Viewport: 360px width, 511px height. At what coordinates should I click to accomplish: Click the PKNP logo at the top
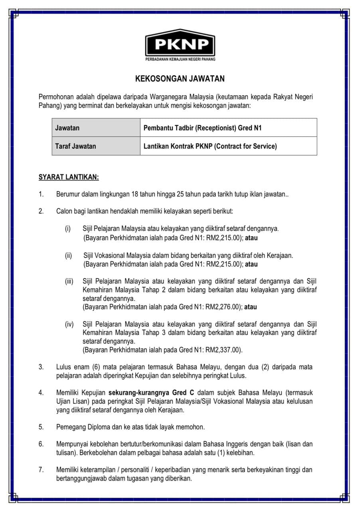[180, 44]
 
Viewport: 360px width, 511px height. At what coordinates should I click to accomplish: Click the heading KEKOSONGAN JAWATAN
[180, 79]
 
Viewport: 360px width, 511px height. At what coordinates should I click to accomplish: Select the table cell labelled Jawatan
[67, 128]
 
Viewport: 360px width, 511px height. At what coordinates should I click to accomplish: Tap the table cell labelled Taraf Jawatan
[75, 146]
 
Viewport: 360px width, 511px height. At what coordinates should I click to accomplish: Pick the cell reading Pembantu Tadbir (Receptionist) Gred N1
[202, 128]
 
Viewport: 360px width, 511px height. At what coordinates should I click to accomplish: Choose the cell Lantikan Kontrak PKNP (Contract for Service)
[210, 146]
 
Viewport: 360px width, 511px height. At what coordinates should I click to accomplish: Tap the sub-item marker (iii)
[69, 281]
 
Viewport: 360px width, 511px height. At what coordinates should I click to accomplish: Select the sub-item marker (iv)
[69, 324]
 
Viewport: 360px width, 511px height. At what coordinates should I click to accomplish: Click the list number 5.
[41, 427]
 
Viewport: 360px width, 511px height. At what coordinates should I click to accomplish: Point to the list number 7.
[41, 470]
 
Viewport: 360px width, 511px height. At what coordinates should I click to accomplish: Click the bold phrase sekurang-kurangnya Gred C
[151, 392]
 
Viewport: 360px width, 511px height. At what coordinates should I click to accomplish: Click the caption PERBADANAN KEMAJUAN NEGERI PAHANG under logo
[180, 59]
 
